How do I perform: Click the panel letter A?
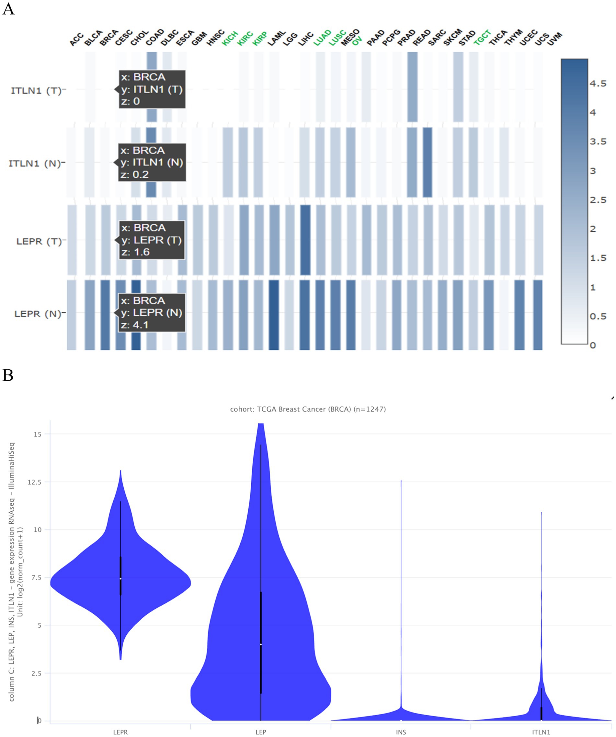pos(8,9)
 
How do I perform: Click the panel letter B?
pos(8,375)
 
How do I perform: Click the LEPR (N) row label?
pos(38,314)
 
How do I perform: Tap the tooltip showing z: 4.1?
pos(151,313)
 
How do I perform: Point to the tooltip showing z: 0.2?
pos(152,162)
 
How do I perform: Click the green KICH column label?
pos(230,38)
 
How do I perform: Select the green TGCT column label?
pos(482,38)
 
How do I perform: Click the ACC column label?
pos(76,39)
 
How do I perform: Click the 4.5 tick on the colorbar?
pos(598,84)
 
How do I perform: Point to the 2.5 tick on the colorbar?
pos(598,200)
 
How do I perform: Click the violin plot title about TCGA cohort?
pos(308,409)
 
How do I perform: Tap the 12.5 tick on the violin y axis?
pos(34,482)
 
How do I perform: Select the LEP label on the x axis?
pos(261,732)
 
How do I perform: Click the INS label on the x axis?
pos(401,732)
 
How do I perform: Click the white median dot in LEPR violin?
pos(120,579)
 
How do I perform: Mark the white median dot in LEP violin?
pos(261,644)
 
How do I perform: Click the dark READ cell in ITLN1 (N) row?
pos(428,162)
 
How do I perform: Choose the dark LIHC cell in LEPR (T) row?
pos(305,240)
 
